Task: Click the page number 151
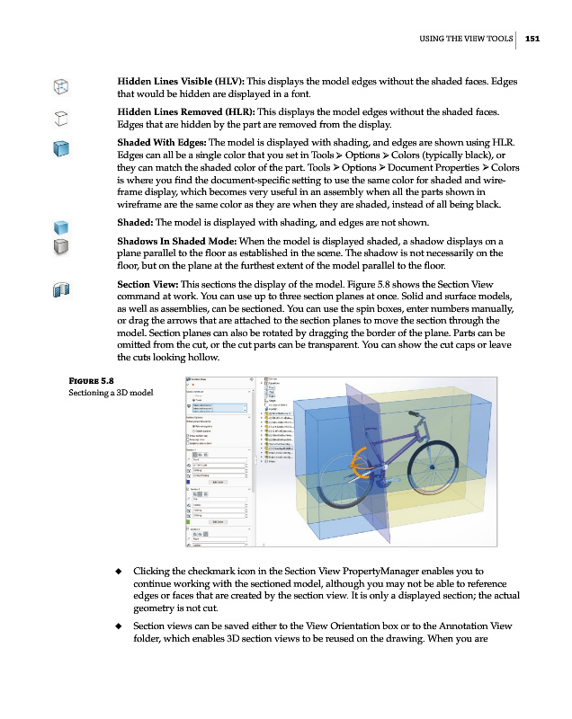(532, 38)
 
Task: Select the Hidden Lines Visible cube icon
(60, 87)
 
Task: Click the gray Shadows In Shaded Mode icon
(60, 246)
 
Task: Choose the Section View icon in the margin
(60, 289)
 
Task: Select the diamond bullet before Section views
(119, 626)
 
